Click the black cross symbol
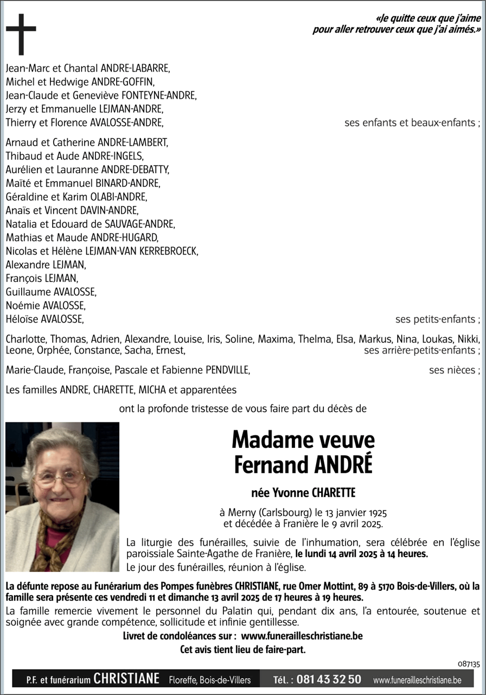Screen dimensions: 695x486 coord(21,33)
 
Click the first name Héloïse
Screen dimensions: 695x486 coord(22,319)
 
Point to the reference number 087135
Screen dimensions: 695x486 coord(469,664)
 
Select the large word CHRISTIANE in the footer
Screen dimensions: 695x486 coord(126,679)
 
